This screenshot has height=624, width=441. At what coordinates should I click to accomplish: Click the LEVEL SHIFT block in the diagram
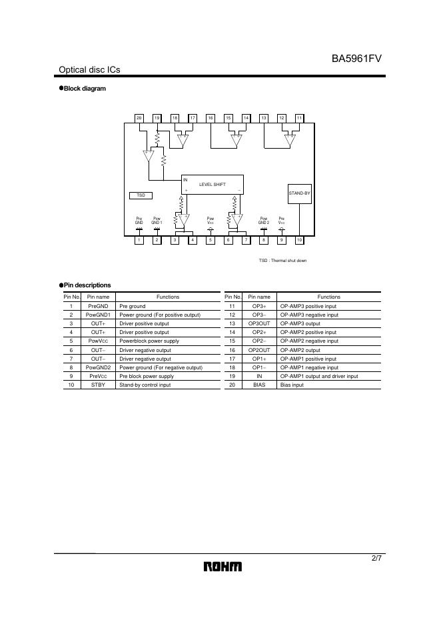coord(213,184)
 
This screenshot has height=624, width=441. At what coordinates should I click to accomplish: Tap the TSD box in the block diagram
coord(141,195)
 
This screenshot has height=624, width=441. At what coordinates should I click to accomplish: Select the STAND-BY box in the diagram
coord(300,193)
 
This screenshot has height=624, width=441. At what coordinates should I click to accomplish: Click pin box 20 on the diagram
coord(139,118)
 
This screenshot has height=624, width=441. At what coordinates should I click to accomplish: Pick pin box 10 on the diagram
coord(300,240)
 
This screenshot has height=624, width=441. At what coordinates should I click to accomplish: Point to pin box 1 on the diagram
coord(139,240)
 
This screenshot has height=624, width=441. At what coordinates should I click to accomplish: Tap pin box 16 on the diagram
coord(211,118)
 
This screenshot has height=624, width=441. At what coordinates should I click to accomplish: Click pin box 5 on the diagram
coord(211,240)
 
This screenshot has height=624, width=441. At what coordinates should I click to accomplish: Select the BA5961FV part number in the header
coord(356,59)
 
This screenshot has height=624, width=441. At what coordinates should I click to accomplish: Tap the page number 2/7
coord(376,558)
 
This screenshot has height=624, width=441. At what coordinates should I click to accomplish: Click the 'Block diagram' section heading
coord(84,89)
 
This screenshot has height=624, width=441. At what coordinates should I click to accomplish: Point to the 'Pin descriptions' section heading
coord(87,285)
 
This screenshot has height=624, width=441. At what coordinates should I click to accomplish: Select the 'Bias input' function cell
coord(292,385)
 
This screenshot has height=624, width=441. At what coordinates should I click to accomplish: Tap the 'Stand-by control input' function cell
coord(145,385)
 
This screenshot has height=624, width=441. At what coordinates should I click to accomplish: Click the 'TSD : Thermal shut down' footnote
coord(282,261)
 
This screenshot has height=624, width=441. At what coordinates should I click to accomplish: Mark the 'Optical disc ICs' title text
coord(89,70)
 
